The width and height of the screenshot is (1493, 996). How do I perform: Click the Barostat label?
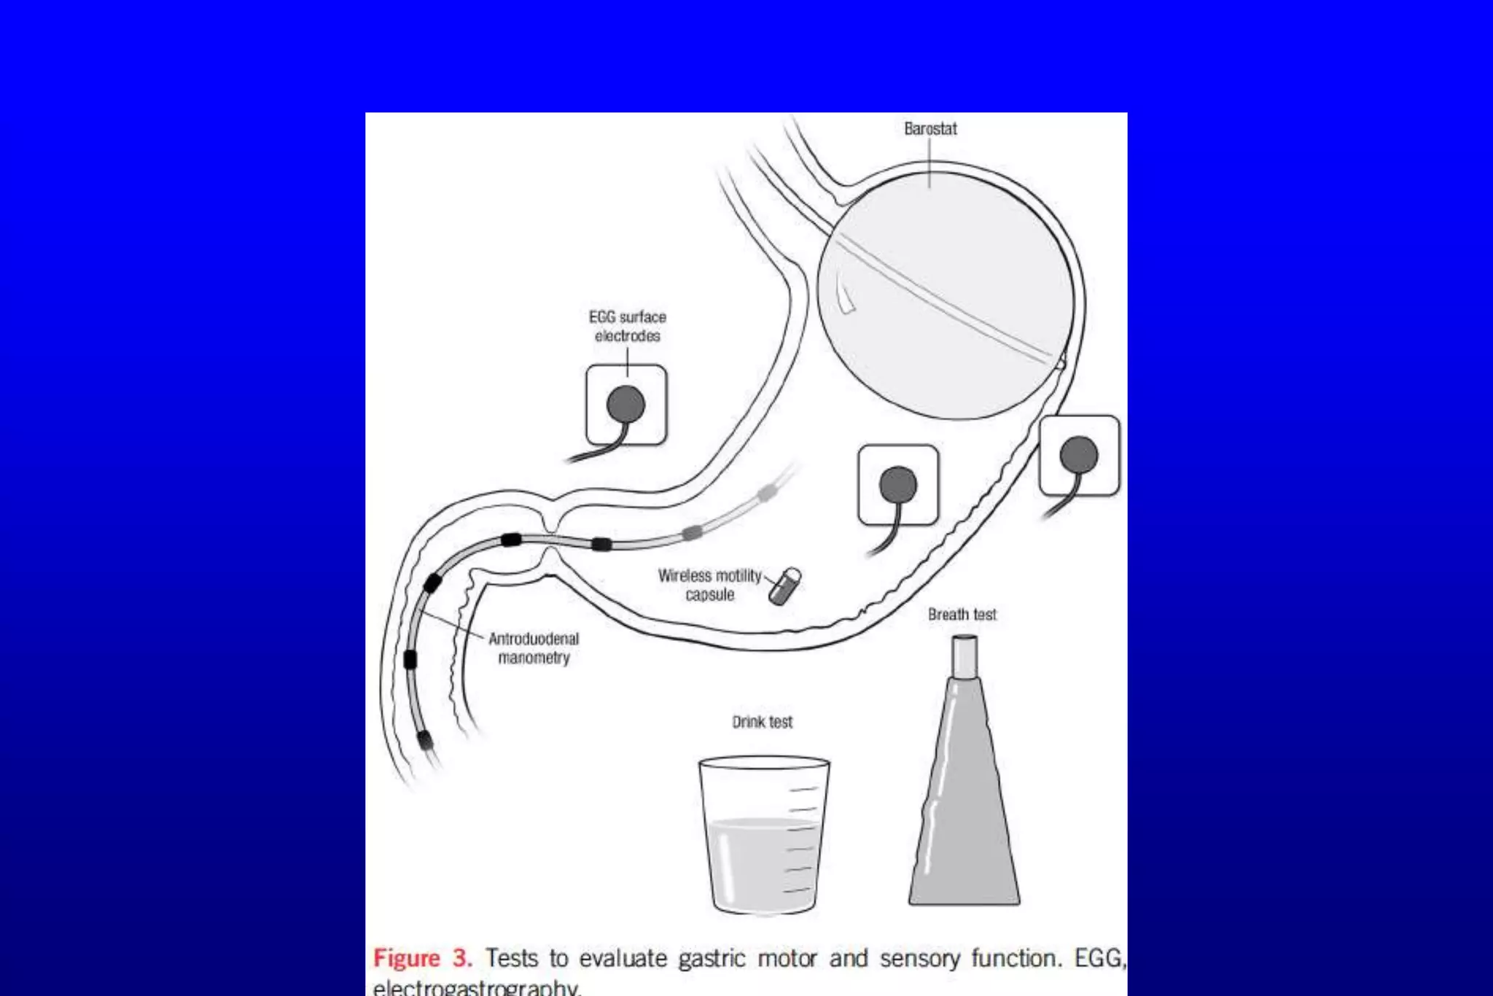930,129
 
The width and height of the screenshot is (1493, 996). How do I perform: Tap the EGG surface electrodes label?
627,327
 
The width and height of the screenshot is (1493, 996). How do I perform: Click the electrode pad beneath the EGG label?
626,405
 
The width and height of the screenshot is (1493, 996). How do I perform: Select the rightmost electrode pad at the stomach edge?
1079,455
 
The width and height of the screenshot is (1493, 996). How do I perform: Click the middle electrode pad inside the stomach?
898,485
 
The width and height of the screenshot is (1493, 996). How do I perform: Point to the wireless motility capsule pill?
785,586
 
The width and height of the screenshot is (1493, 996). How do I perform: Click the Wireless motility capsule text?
709,585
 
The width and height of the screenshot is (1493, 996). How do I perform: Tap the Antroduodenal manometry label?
534,648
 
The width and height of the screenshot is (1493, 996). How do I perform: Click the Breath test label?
962,615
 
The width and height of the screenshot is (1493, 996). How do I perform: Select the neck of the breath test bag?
964,655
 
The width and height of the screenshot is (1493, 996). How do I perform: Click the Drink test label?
762,722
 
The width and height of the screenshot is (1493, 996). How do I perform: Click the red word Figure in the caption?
407,958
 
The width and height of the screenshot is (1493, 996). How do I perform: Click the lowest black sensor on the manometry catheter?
424,741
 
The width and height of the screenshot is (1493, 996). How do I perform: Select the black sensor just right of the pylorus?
601,544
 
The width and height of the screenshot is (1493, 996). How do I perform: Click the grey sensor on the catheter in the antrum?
691,532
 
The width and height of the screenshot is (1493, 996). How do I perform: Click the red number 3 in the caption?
461,958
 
